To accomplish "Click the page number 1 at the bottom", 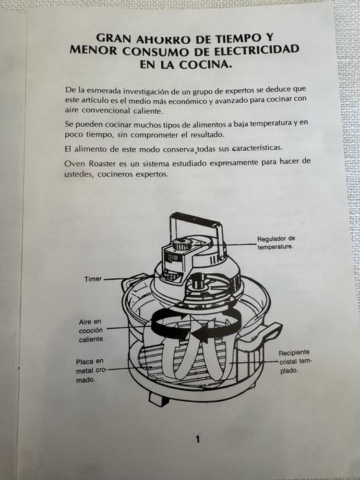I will pos(197,440).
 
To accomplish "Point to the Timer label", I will pos(93,279).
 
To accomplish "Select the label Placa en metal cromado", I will pos(90,370).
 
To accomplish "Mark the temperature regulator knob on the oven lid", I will pos(182,244).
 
